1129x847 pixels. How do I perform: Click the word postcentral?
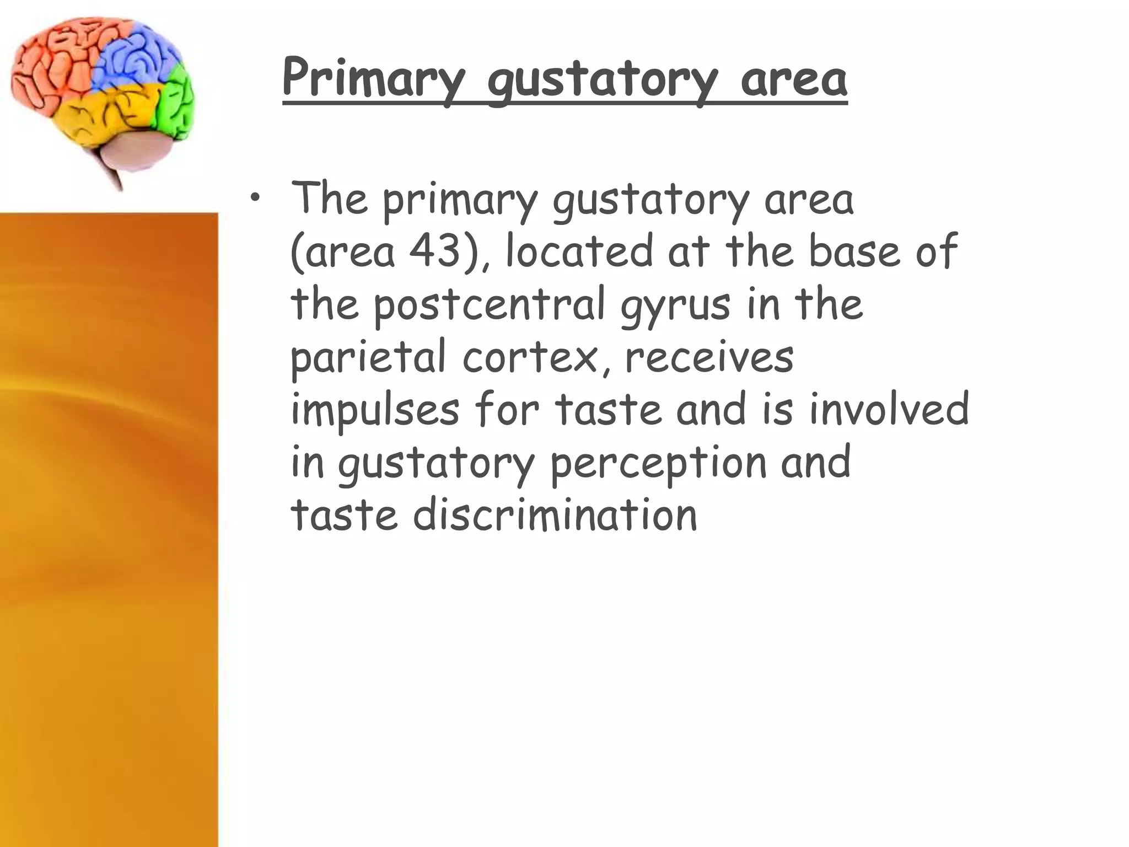490,305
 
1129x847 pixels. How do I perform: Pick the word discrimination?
555,516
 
